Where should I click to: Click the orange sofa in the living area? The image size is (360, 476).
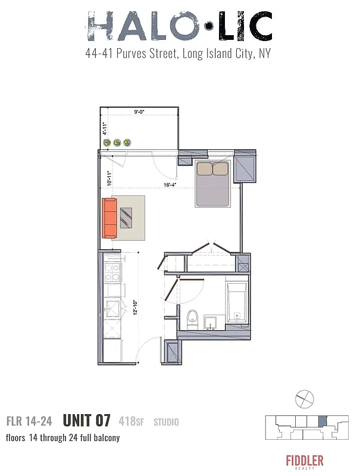pyautogui.click(x=109, y=218)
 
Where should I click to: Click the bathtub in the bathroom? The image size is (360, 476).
pyautogui.click(x=236, y=303)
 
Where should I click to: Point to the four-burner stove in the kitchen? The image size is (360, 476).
pyautogui.click(x=112, y=273)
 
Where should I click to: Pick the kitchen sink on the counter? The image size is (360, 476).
pyautogui.click(x=112, y=309)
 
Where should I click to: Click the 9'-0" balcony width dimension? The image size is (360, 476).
pyautogui.click(x=140, y=111)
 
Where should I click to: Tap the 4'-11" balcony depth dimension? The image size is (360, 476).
pyautogui.click(x=105, y=129)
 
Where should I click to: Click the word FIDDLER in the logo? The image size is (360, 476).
pyautogui.click(x=304, y=460)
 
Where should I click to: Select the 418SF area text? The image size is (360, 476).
pyautogui.click(x=131, y=422)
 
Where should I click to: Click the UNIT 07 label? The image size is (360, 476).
pyautogui.click(x=87, y=422)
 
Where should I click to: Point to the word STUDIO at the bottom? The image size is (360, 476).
pyautogui.click(x=166, y=422)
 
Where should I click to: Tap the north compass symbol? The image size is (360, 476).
pyautogui.click(x=303, y=397)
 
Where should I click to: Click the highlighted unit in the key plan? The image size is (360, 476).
pyautogui.click(x=322, y=422)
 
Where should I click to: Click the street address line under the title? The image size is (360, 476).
pyautogui.click(x=178, y=54)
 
